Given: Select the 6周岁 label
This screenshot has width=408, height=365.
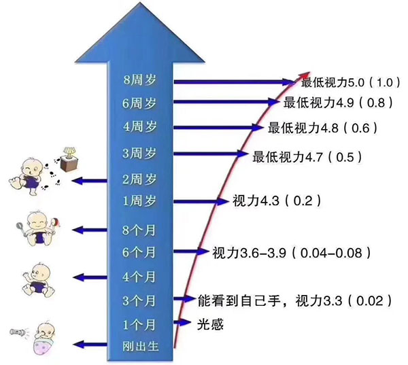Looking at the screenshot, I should click(x=139, y=103).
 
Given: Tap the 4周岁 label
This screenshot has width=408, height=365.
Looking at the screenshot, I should click(x=139, y=126).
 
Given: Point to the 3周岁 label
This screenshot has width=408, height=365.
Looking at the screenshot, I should click(x=139, y=153).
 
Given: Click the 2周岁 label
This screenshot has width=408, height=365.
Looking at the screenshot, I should click(x=139, y=180).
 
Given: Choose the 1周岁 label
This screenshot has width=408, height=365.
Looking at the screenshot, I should click(x=139, y=201).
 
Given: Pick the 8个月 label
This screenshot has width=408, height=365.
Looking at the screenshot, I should click(x=139, y=230).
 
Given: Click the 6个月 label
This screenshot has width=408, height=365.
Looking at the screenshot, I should click(x=139, y=252).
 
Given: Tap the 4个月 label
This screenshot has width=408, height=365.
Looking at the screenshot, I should click(x=139, y=277).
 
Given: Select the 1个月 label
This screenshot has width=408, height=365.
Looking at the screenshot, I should click(x=139, y=322).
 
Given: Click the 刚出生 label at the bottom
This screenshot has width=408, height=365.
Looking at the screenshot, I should click(x=139, y=346).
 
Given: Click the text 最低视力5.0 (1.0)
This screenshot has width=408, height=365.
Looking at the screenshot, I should click(x=347, y=82).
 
